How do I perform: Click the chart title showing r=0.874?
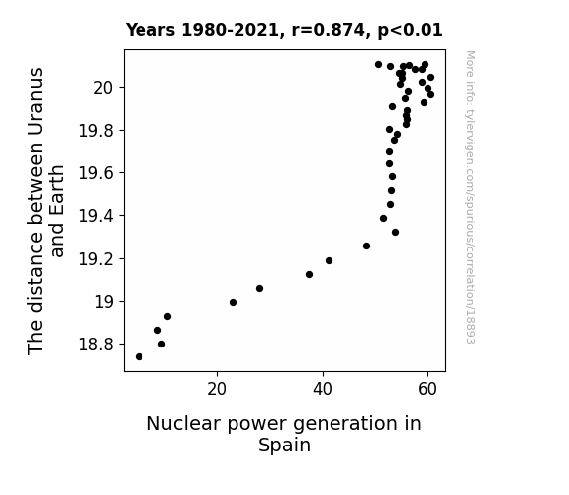pos(284,30)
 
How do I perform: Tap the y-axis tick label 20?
pos(104,88)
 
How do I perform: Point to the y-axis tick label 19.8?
pos(97,131)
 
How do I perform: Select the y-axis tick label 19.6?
pos(97,173)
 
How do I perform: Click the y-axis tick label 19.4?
pos(97,216)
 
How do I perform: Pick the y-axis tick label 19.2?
pos(97,259)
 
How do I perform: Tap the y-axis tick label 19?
pos(104,302)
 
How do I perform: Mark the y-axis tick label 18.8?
pos(97,345)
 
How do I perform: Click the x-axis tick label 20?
pos(217,389)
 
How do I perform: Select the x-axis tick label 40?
pos(323,389)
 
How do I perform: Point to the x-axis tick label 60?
pos(427,389)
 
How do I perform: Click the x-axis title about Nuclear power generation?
pos(284,434)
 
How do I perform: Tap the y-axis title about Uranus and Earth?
pos(47,211)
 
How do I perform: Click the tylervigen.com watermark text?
pos(470,197)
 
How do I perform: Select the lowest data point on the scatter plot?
pos(139,357)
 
